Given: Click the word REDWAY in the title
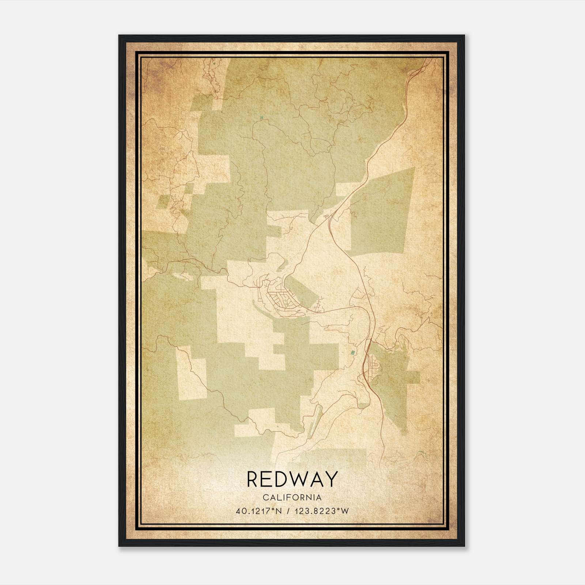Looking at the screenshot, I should coord(292,479).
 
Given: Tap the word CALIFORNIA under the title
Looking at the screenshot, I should coord(292,497).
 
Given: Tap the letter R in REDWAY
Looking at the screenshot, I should coord(252,479).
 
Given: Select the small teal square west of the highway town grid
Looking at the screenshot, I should coord(352,353).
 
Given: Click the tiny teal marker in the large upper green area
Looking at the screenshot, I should coord(261,117).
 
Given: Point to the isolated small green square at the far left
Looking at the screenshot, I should coord(163,201).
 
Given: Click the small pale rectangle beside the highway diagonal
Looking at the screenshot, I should coord(344,189).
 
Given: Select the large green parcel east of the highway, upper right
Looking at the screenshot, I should coord(382,212).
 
